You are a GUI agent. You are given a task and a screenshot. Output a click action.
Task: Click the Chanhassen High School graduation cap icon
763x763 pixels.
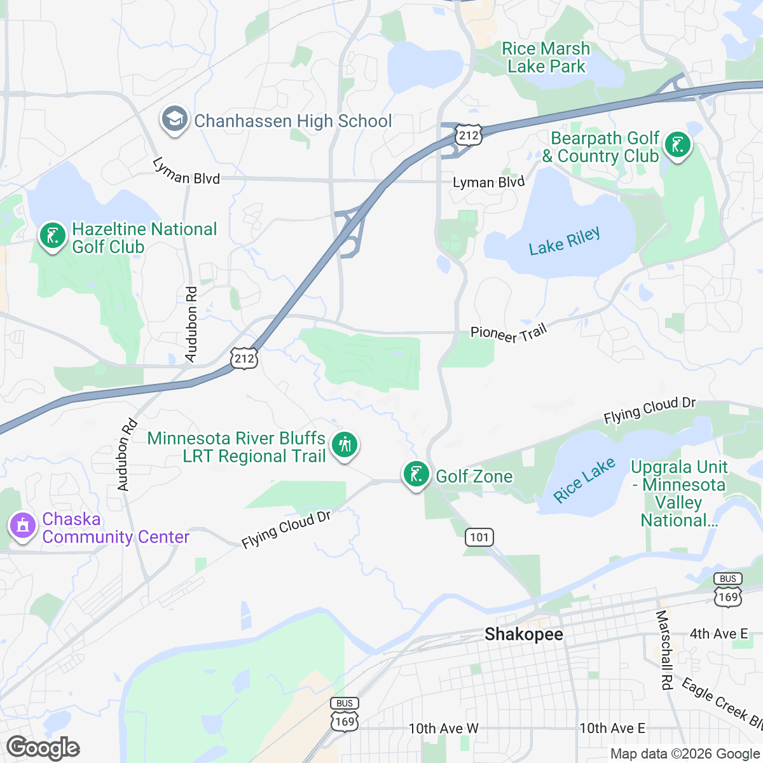(174, 120)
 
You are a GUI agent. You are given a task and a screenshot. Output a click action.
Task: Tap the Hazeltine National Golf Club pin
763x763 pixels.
(52, 236)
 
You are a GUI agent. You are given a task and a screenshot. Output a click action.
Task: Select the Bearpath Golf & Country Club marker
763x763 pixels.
(677, 146)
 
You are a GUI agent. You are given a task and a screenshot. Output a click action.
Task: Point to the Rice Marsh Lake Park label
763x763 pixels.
(546, 58)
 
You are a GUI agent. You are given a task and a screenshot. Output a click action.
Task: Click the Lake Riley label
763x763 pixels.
(564, 242)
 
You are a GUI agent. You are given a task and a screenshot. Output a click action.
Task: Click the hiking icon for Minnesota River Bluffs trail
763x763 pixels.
(345, 444)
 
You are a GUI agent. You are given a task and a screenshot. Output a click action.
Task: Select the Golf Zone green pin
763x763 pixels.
(416, 474)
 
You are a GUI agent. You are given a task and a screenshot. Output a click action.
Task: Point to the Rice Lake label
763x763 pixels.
(584, 481)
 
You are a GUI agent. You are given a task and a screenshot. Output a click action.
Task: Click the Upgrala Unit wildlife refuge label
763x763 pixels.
(679, 493)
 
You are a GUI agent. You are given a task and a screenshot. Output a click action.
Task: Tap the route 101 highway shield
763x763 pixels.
(479, 537)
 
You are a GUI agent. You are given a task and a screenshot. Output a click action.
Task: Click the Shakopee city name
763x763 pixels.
(523, 634)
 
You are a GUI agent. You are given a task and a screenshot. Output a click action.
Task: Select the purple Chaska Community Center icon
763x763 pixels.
(23, 526)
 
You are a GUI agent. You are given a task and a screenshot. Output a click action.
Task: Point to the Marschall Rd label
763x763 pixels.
(664, 650)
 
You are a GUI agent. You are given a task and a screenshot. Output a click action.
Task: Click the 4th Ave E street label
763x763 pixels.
(718, 634)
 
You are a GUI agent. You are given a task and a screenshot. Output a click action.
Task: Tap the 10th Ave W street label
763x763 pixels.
(443, 729)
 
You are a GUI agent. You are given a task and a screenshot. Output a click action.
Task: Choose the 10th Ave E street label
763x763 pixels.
(612, 729)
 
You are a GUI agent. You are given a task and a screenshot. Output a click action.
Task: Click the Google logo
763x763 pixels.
(43, 748)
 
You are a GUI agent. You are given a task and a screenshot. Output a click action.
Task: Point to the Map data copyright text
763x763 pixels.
(685, 754)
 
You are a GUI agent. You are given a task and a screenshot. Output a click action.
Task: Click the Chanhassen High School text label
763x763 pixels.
(292, 121)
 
